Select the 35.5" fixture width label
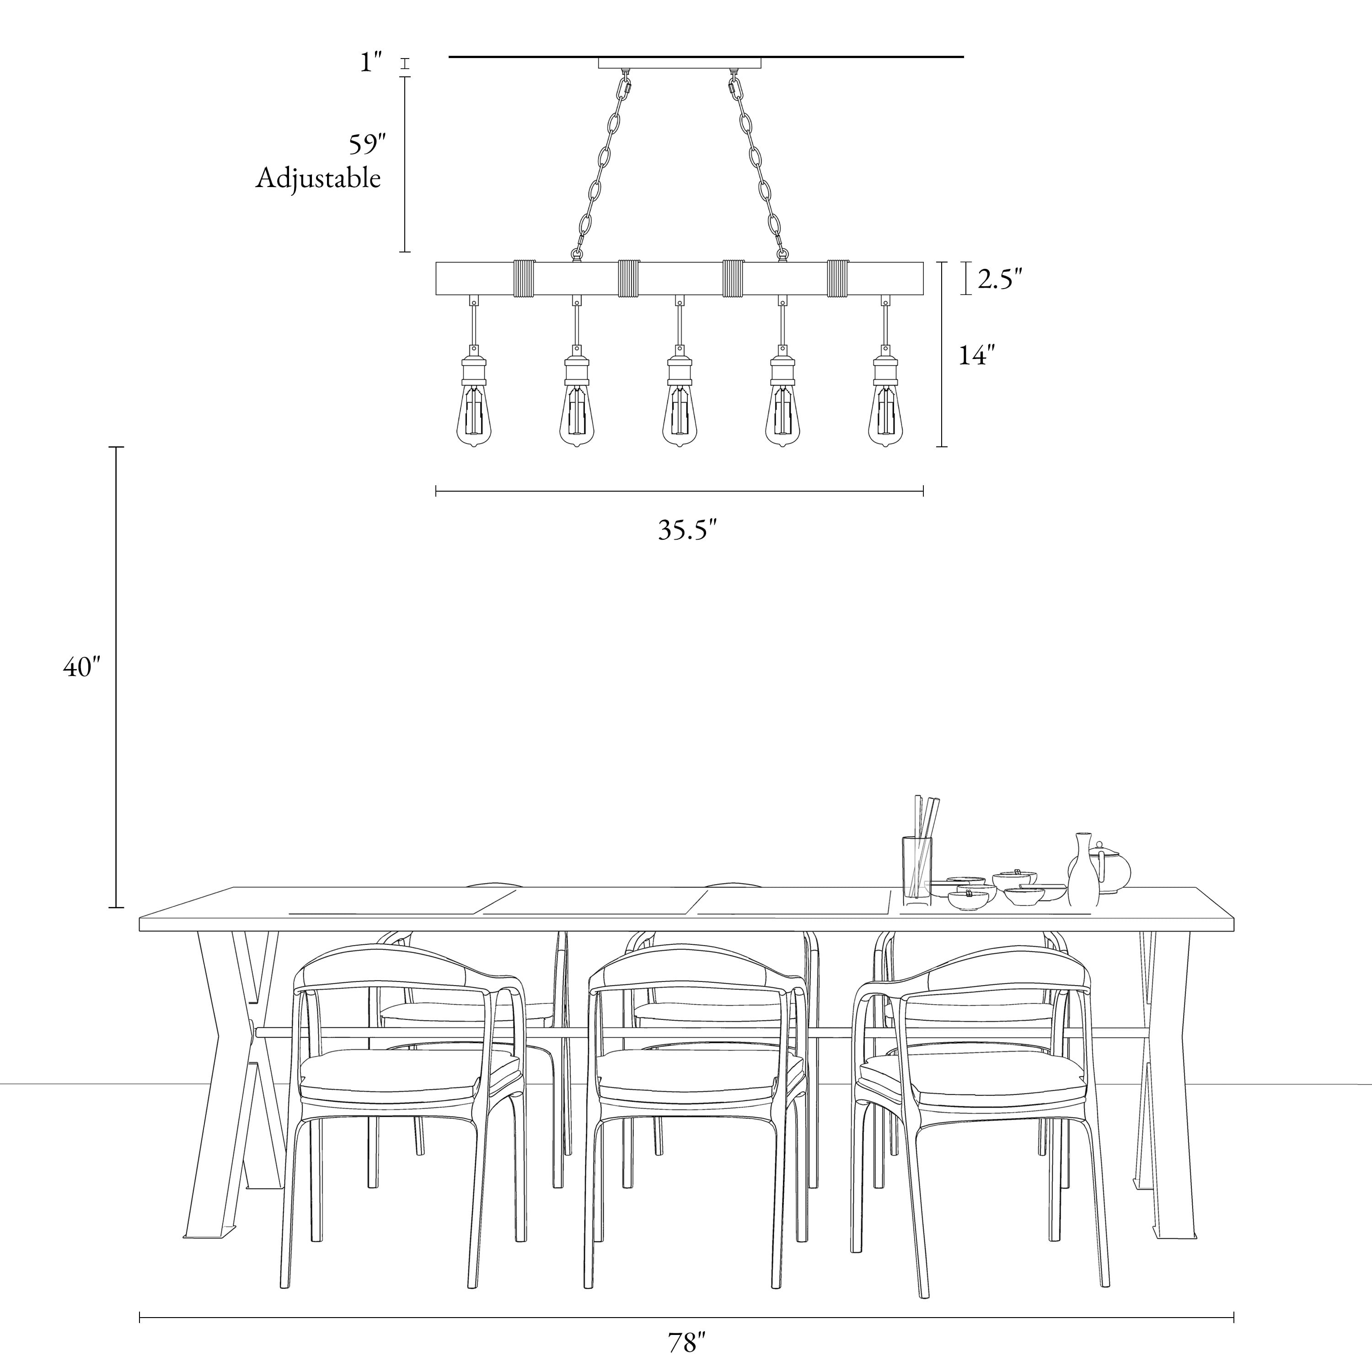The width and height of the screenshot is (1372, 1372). pyautogui.click(x=687, y=530)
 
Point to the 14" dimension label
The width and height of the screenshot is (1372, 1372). pyautogui.click(x=976, y=355)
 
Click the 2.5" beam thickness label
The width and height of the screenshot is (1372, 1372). pyautogui.click(x=1000, y=280)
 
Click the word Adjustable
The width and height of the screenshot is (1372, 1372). pyautogui.click(x=318, y=178)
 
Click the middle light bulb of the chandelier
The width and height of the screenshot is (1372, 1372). pyautogui.click(x=680, y=415)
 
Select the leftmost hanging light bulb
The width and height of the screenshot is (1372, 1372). pyautogui.click(x=473, y=415)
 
